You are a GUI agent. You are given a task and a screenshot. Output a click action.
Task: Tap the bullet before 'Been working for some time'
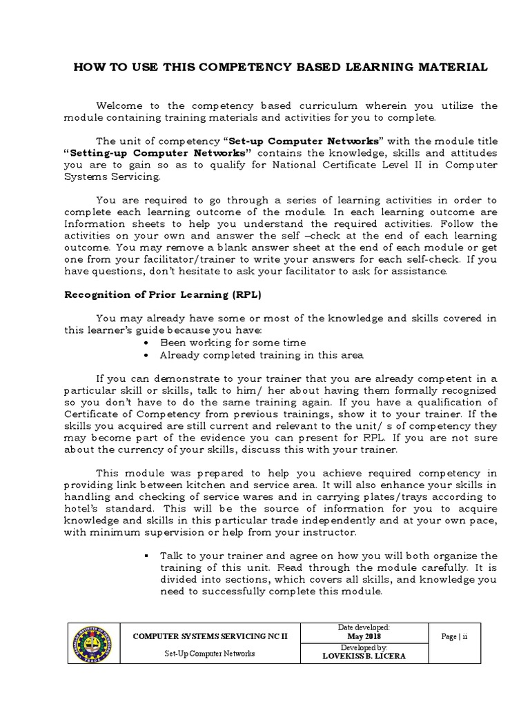pos(149,343)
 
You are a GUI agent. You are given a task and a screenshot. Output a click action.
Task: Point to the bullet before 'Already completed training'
pos(149,355)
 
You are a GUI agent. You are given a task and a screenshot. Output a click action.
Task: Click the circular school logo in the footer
pos(94,643)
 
